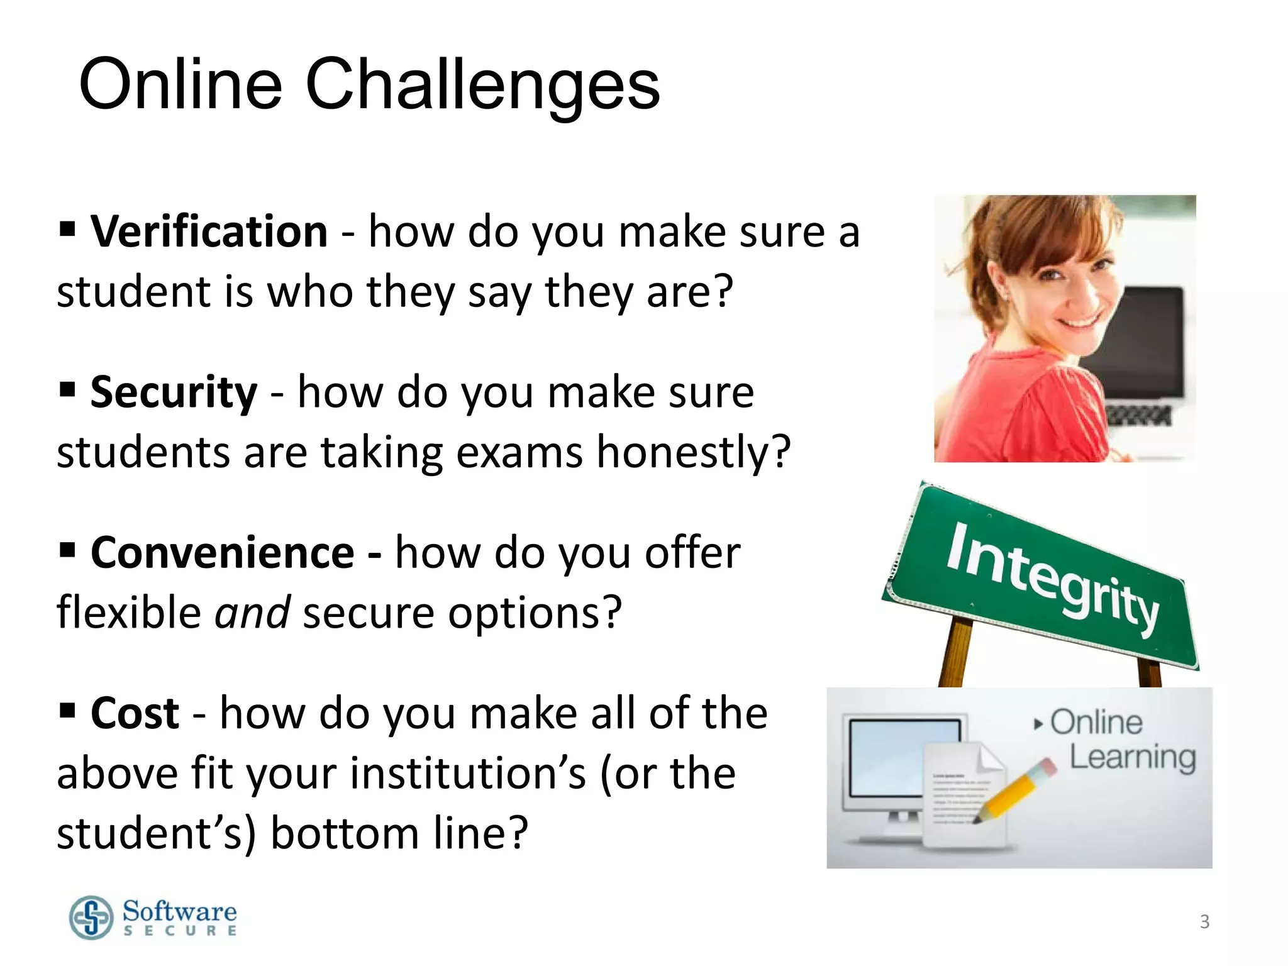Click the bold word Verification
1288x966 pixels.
click(209, 231)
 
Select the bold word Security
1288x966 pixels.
click(174, 392)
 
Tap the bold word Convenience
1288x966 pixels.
click(223, 553)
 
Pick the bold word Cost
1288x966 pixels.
click(135, 713)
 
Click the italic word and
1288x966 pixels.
click(252, 613)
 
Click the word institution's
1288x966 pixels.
click(468, 774)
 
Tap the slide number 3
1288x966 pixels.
click(1204, 921)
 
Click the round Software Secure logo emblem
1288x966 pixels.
click(92, 918)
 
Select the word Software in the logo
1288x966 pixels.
click(180, 911)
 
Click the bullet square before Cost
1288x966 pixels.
click(67, 711)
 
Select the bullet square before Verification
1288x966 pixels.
click(67, 230)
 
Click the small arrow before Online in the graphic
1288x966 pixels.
click(1038, 724)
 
